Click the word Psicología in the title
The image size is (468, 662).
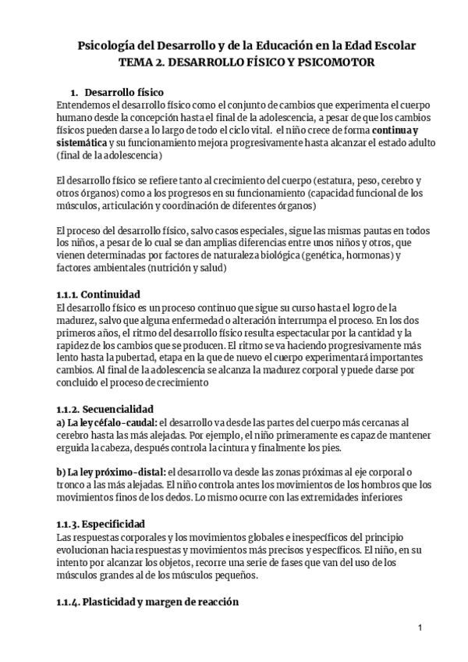point(109,46)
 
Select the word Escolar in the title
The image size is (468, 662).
point(391,46)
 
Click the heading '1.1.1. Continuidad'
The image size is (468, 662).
point(99,294)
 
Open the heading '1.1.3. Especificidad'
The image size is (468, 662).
point(101,522)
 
